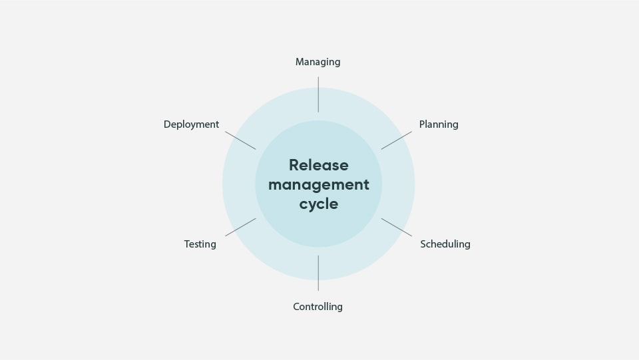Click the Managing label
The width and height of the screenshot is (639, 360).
[318, 62]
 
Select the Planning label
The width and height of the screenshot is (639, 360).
[439, 124]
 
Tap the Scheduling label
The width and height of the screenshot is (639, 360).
[445, 244]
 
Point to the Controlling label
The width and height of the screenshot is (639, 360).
[318, 307]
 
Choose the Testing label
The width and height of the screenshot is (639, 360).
[200, 244]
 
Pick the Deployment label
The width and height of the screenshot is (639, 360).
[191, 124]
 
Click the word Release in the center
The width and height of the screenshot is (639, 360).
[318, 165]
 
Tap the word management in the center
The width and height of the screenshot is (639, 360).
[318, 184]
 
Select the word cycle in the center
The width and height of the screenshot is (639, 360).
[318, 204]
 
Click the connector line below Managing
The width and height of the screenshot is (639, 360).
[318, 94]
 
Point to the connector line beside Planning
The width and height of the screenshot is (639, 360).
[396, 140]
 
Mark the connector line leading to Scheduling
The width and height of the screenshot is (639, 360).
[396, 228]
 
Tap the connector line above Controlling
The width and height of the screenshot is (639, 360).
[318, 273]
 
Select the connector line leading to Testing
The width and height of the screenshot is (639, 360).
[240, 228]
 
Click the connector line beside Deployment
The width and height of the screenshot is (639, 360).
[240, 140]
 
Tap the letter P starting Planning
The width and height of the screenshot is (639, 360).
[422, 124]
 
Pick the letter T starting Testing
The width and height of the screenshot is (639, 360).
[187, 244]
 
